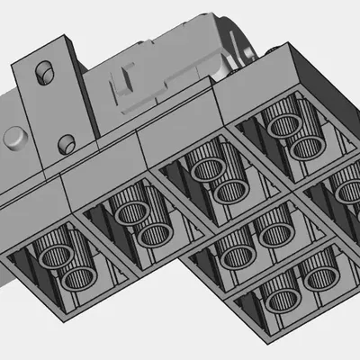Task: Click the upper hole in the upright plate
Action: click(42, 72)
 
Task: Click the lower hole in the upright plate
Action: click(65, 142)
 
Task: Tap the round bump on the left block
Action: click(15, 139)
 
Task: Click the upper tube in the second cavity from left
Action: click(130, 212)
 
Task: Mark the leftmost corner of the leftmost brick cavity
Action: click(7, 255)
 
